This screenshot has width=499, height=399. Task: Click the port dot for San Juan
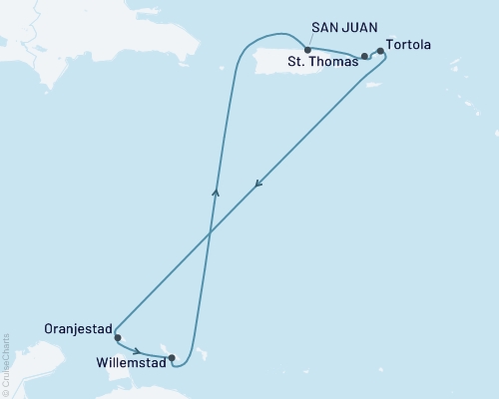tap(306, 50)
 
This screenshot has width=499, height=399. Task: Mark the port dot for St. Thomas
tap(364, 57)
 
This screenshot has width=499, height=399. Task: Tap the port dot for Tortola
tap(380, 51)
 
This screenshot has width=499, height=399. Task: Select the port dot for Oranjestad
tap(118, 338)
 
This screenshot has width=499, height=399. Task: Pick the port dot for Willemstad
tap(173, 357)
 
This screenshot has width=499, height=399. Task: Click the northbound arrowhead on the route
tap(216, 190)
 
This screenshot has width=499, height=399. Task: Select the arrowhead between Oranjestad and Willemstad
tap(139, 351)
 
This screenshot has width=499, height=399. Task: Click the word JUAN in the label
tap(360, 30)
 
